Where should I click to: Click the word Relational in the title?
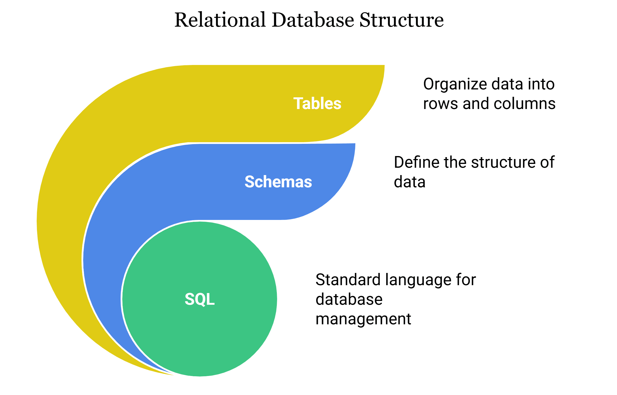220,20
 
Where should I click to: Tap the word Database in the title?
313,20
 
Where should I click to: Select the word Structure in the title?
402,20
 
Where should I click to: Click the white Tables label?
317,104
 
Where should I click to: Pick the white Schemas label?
278,182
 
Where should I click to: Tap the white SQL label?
200,299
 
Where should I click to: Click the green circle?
200,299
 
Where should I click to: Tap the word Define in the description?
417,162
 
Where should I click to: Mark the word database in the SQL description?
349,299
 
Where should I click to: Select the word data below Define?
410,182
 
